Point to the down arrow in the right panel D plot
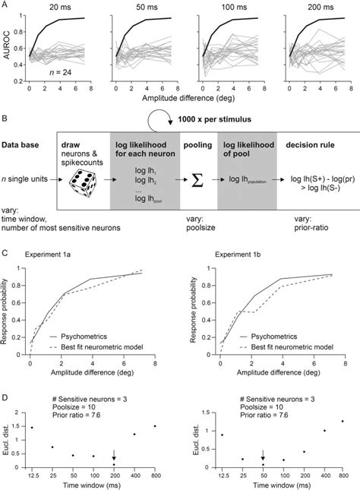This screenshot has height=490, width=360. (x=264, y=455)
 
